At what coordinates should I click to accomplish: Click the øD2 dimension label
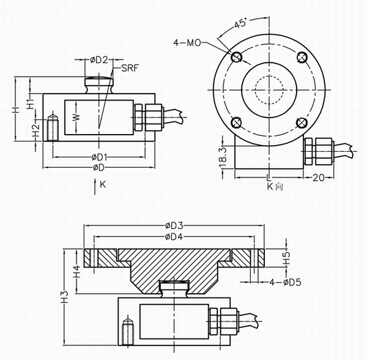(100, 59)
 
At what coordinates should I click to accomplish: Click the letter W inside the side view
(76, 116)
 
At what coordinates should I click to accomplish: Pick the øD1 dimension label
(98, 157)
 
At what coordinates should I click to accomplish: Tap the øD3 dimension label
(174, 225)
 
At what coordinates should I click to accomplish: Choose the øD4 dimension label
(174, 236)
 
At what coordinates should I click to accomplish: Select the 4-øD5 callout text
(286, 282)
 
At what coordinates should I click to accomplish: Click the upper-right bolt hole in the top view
(300, 58)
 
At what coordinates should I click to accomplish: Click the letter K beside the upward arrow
(103, 184)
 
